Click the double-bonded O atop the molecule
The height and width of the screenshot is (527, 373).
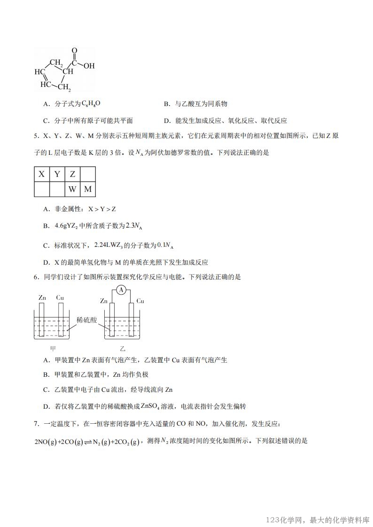pyautogui.click(x=75, y=51)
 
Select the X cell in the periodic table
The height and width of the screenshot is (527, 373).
pyautogui.click(x=42, y=175)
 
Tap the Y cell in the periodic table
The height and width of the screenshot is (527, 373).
pyautogui.click(x=57, y=175)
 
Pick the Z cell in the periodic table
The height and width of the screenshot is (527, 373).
pyautogui.click(x=72, y=175)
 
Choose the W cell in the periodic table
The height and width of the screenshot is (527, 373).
pyautogui.click(x=72, y=190)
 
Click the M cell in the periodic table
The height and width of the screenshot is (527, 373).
pyautogui.click(x=88, y=190)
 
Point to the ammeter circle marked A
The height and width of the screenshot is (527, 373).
pyautogui.click(x=121, y=290)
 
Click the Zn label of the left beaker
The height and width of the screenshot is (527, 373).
pyautogui.click(x=42, y=298)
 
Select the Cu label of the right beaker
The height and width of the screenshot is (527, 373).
pyautogui.click(x=140, y=300)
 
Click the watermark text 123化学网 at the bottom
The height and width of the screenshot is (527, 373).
pyautogui.click(x=286, y=519)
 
